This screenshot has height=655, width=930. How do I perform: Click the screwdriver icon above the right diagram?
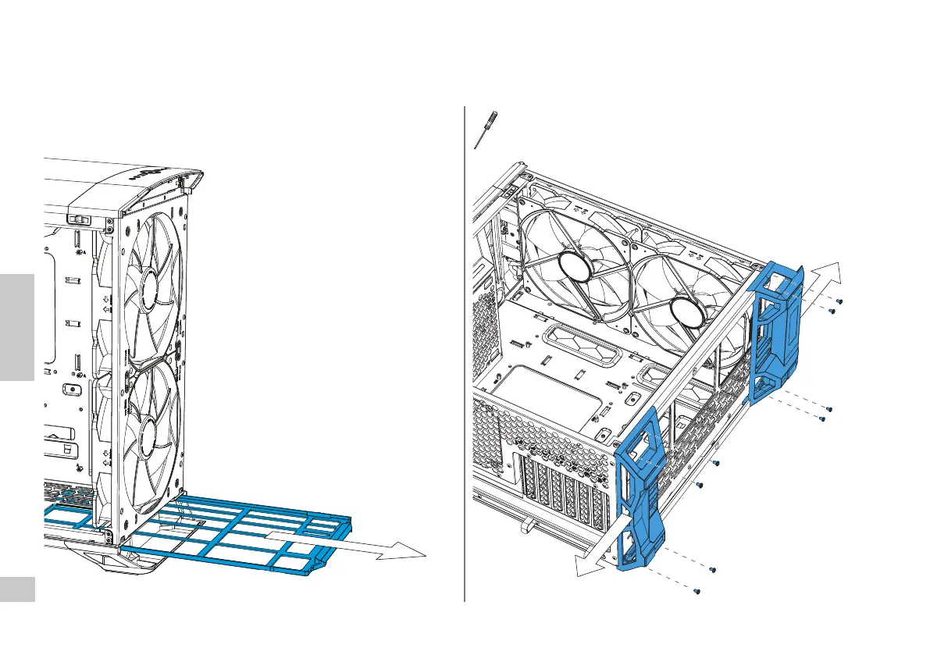(485, 130)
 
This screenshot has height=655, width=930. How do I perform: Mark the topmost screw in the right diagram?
(839, 301)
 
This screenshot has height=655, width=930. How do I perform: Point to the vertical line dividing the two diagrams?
(465, 351)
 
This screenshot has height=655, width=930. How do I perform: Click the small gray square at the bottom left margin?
(17, 589)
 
